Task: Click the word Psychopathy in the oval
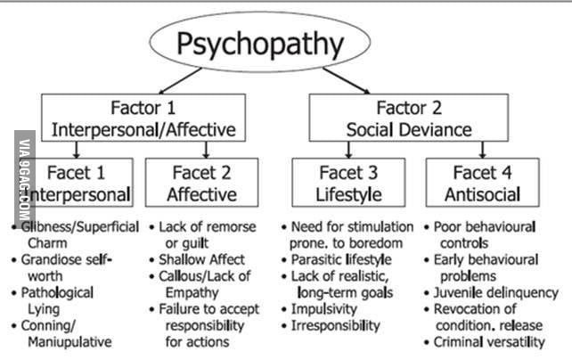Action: [260, 44]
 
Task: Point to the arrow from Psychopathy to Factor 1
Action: [180, 80]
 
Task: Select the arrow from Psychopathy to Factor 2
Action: [347, 80]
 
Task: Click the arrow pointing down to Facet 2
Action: [206, 150]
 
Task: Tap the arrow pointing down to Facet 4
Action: [483, 150]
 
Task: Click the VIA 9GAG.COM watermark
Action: [24, 179]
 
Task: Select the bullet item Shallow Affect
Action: [198, 259]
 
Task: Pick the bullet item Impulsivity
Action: [319, 309]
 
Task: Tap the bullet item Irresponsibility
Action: [331, 326]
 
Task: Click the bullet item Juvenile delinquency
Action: [492, 293]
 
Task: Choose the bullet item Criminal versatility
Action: [485, 342]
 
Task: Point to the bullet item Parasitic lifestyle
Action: [337, 259]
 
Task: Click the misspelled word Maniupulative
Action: [69, 342]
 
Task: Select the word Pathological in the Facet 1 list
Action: [57, 293]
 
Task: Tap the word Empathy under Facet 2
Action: [192, 293]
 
